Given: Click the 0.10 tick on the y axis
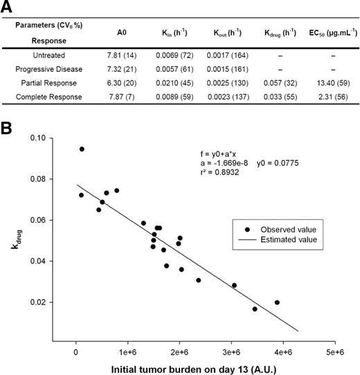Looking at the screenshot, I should pos(57,138).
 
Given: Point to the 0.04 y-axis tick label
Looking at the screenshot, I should pos(57,262).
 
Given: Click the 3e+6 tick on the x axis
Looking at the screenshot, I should pos(232,352).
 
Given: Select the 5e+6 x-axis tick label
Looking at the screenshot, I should pos(335,352).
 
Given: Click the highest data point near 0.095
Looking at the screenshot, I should pos(82,149).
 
